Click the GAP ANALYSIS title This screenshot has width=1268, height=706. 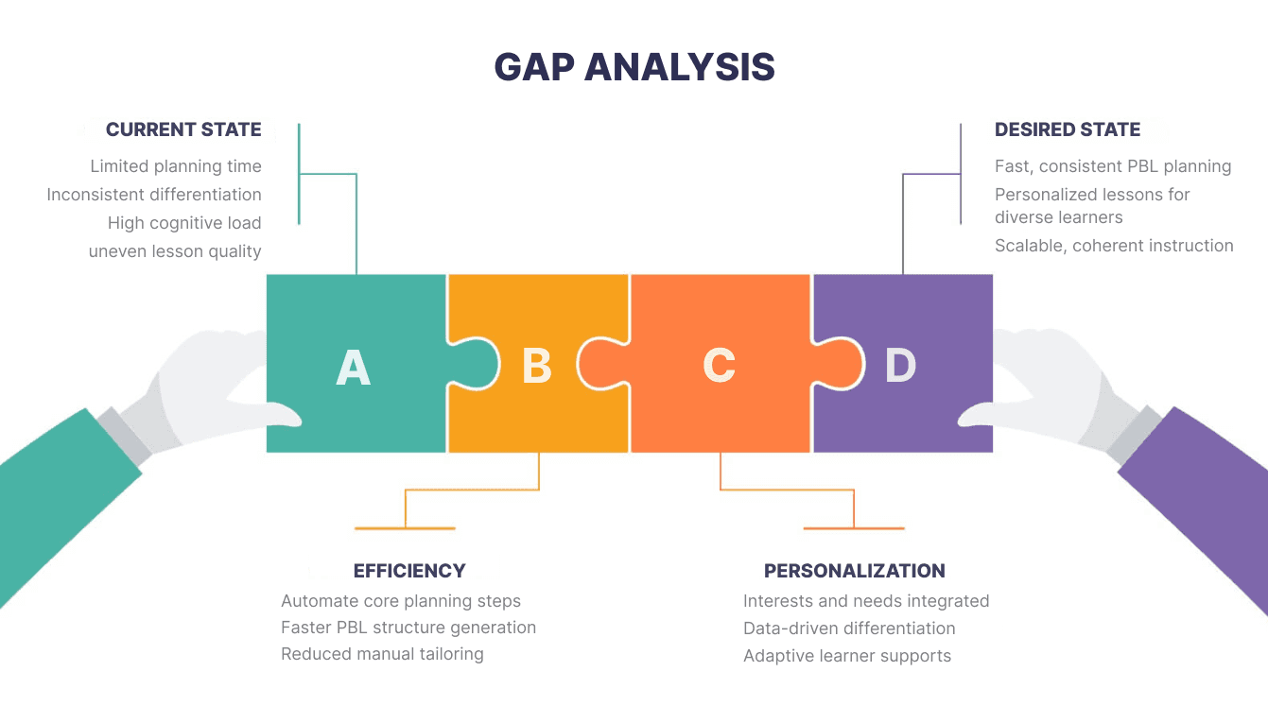click(634, 67)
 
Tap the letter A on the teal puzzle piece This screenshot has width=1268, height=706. click(353, 367)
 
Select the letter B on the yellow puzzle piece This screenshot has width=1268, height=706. click(537, 366)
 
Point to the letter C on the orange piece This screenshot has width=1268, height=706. click(719, 366)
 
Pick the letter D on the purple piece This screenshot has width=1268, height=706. click(900, 366)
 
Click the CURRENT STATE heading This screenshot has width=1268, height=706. click(183, 129)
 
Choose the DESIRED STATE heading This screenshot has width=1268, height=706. click(1067, 129)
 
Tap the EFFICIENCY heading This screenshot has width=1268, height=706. click(409, 571)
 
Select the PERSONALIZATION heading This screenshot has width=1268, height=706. click(854, 571)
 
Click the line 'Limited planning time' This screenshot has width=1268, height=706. click(176, 166)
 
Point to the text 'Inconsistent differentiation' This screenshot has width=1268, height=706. click(154, 195)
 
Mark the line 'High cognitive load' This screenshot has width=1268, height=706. click(184, 223)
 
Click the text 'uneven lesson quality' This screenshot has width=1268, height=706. click(175, 251)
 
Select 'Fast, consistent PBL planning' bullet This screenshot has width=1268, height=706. click(1112, 166)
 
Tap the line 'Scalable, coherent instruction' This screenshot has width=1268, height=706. click(1114, 246)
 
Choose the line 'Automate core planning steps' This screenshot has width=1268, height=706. click(401, 601)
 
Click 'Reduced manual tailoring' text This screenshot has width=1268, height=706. click(382, 654)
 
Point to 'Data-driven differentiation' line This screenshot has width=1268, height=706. click(849, 629)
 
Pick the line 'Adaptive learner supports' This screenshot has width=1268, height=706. click(847, 656)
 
